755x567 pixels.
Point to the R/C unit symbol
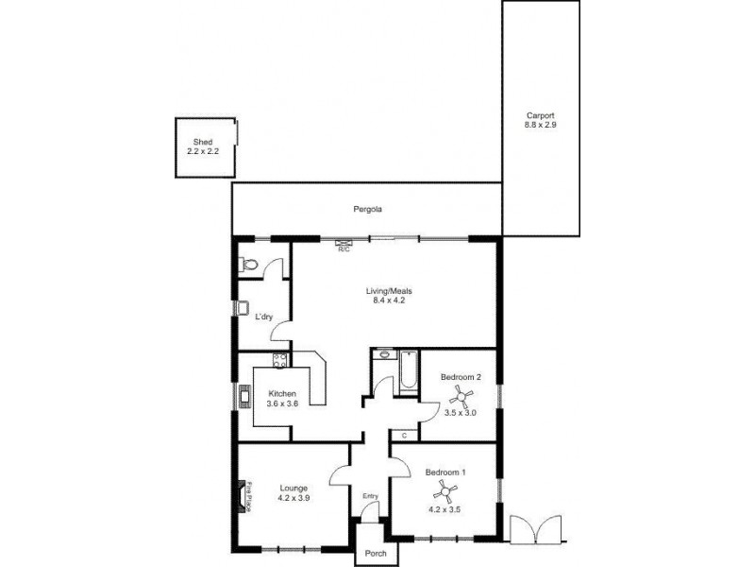coord(344,245)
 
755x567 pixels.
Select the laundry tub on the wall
coord(243,309)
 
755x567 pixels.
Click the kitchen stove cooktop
coord(278,359)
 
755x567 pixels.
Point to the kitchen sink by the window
coord(245,395)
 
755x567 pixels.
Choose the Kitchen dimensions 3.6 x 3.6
coord(282,404)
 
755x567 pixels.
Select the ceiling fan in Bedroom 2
coord(462,395)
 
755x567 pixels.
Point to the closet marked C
coord(404,436)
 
